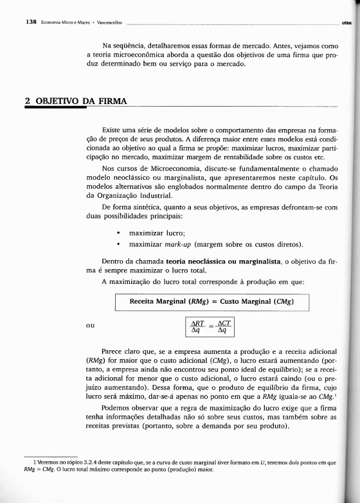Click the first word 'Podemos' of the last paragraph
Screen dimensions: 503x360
(x=117, y=407)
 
